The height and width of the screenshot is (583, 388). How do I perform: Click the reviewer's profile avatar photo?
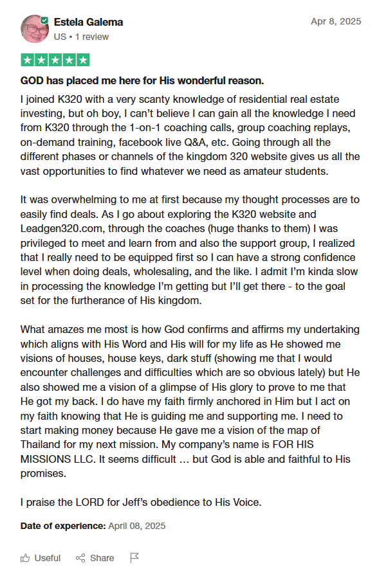(x=35, y=28)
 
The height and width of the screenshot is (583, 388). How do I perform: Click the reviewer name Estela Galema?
(x=89, y=22)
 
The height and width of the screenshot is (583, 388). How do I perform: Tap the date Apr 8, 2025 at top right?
(x=336, y=21)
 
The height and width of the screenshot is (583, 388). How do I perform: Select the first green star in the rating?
(x=28, y=60)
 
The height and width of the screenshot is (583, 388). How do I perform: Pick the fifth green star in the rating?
(x=82, y=60)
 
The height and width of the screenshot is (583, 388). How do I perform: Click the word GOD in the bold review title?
(x=33, y=81)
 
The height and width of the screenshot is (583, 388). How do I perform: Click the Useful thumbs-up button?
(x=41, y=558)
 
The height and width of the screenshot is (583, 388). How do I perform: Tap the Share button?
(x=95, y=558)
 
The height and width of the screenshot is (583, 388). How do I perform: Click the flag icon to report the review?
(x=134, y=558)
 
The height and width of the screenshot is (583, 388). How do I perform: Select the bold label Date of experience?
(x=63, y=526)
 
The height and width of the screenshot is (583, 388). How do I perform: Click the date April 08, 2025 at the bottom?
(x=137, y=526)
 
